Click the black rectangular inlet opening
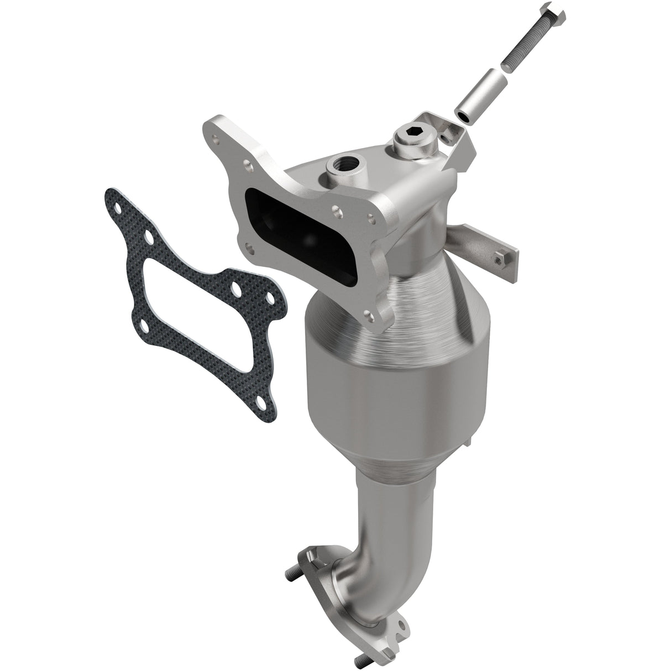(x=287, y=230)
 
